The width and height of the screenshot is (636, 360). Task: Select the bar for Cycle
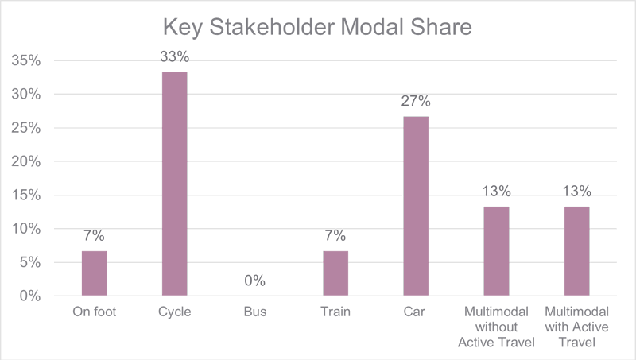coord(174,184)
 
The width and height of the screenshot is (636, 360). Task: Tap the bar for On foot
coord(94,273)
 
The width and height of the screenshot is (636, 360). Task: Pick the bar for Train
coord(335,273)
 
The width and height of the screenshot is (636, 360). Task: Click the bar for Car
coord(416,206)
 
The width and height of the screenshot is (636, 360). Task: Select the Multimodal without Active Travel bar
coord(496,250)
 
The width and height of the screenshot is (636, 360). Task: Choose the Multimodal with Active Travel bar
coord(576,250)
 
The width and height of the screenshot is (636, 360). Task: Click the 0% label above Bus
coord(254,281)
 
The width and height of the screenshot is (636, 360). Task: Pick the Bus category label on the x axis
coord(254,312)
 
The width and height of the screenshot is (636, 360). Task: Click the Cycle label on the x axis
coord(174,312)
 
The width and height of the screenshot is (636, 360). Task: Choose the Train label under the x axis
coord(335,312)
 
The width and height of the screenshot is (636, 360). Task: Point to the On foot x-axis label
coord(94,312)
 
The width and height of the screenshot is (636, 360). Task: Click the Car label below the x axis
coord(416,312)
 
